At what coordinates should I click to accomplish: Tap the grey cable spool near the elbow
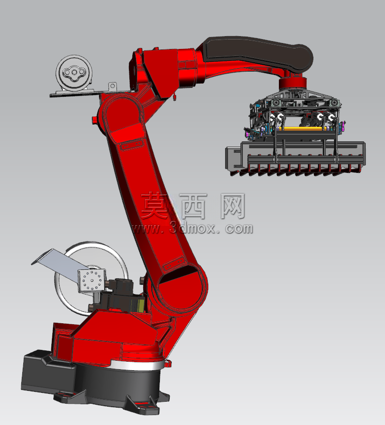point(74,73)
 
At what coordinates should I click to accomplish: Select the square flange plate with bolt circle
point(91,281)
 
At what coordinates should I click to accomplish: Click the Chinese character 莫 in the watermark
point(155,205)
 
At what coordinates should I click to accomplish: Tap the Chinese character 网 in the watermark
point(232,206)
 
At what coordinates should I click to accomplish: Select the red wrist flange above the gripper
point(293,83)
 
